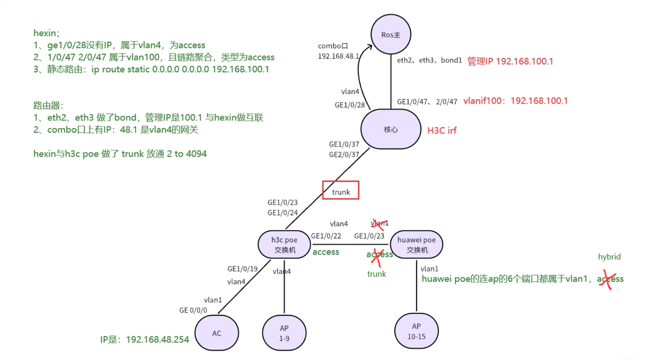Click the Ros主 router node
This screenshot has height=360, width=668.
point(391,34)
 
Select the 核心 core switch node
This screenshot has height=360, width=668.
point(391,129)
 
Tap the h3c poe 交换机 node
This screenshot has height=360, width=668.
point(284,245)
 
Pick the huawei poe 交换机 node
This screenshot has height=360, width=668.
point(416,245)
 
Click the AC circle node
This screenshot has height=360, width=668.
point(216,333)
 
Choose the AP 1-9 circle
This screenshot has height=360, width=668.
point(284,333)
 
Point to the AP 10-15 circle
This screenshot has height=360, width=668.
point(416,331)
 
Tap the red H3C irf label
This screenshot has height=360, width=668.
point(442,130)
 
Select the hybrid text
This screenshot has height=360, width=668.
point(609,257)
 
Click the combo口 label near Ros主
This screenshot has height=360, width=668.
point(333,46)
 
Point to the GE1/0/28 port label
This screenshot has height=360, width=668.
point(350,105)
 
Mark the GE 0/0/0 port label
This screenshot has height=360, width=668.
point(193,310)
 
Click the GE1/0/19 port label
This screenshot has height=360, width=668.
point(242,269)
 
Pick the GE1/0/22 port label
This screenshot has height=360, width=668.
point(326,236)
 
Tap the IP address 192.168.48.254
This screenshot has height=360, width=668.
point(157,339)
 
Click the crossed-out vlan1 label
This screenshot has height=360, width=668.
point(379,223)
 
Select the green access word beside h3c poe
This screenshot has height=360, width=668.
point(326,252)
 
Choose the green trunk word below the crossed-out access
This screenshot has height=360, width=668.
point(376,274)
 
